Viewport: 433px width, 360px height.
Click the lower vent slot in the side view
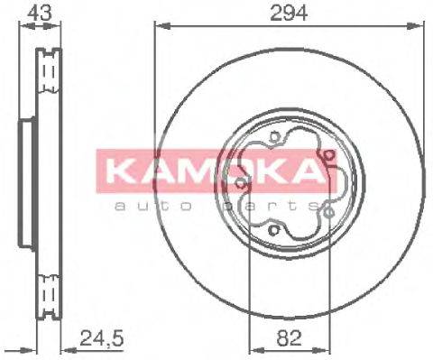pyautogui.click(x=47, y=291)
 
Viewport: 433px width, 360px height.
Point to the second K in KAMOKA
pyautogui.click(x=266, y=170)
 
